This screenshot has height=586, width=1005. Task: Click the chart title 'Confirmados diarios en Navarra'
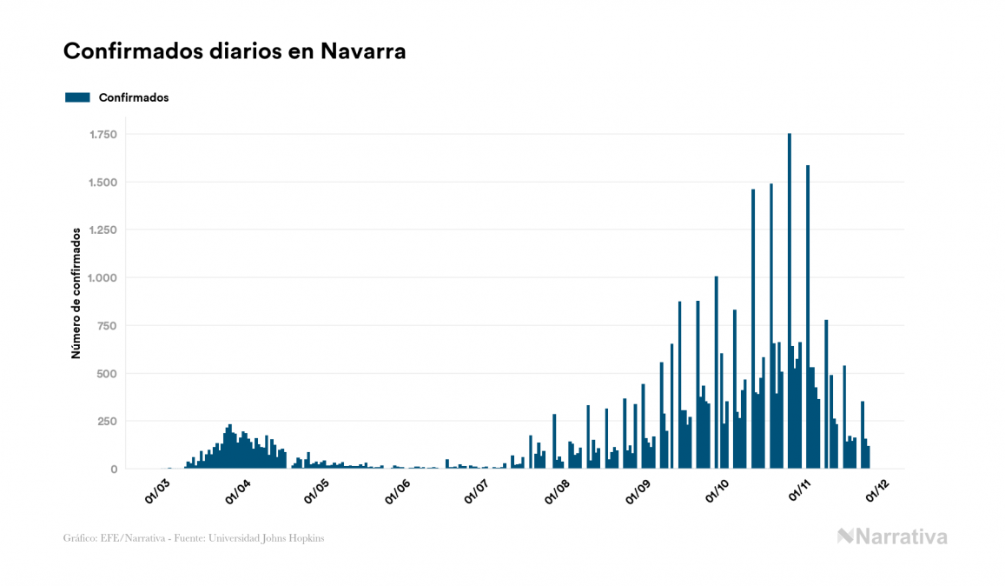[x=235, y=51]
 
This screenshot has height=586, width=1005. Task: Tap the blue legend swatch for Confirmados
[x=77, y=97]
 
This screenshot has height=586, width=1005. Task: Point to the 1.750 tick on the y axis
[x=102, y=135]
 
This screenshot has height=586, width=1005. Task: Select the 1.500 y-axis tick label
[x=102, y=183]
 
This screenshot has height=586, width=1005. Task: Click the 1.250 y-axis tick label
[x=102, y=230]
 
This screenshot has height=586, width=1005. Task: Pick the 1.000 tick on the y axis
[x=102, y=278]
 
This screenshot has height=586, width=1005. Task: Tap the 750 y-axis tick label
[x=108, y=326]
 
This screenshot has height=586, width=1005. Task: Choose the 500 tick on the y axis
[x=108, y=374]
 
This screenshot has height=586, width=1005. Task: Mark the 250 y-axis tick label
[x=108, y=422]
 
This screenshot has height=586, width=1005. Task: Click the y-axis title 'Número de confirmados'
[x=76, y=294]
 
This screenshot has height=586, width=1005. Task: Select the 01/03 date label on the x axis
[x=158, y=490]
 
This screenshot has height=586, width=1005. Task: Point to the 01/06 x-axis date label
[x=397, y=490]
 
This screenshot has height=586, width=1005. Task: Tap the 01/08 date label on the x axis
[x=557, y=490]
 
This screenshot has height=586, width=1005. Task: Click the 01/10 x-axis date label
[x=717, y=490]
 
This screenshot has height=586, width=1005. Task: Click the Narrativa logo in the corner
[x=892, y=536]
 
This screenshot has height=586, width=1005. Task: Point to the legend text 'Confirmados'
[x=134, y=97]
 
